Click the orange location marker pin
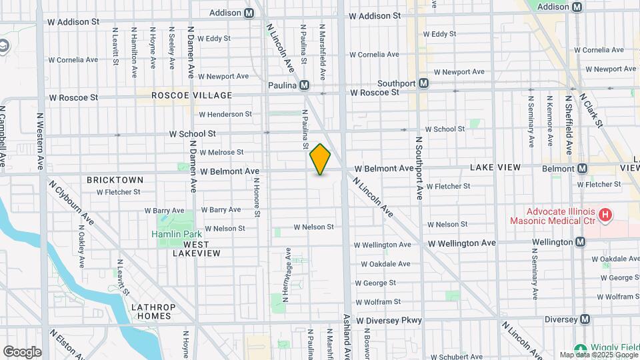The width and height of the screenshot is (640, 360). point(320,159)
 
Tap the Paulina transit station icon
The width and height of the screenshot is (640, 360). point(304,85)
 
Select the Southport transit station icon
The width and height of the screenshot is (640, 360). point(423,83)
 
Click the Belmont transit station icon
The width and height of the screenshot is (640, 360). point(582,169)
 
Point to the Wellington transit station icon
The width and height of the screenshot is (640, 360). point(580,241)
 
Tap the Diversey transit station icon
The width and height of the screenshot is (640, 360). point(585,319)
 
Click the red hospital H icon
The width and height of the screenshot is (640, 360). point(605,215)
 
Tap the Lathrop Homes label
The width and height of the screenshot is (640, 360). point(153,311)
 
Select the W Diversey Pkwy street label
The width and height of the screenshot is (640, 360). point(389,321)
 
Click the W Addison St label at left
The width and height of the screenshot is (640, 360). point(73,21)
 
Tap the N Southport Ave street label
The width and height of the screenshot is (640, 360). point(419,169)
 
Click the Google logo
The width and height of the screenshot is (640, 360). point(22,351)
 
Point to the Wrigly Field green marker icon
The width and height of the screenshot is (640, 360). point(580,349)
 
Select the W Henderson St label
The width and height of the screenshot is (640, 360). point(225,115)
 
